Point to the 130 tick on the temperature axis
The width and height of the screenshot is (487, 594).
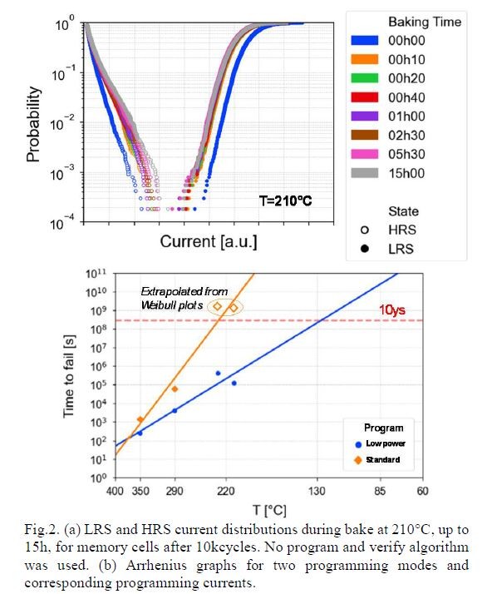point(317,491)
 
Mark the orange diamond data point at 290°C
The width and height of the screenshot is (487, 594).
point(175,389)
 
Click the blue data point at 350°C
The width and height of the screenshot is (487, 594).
point(140,433)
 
